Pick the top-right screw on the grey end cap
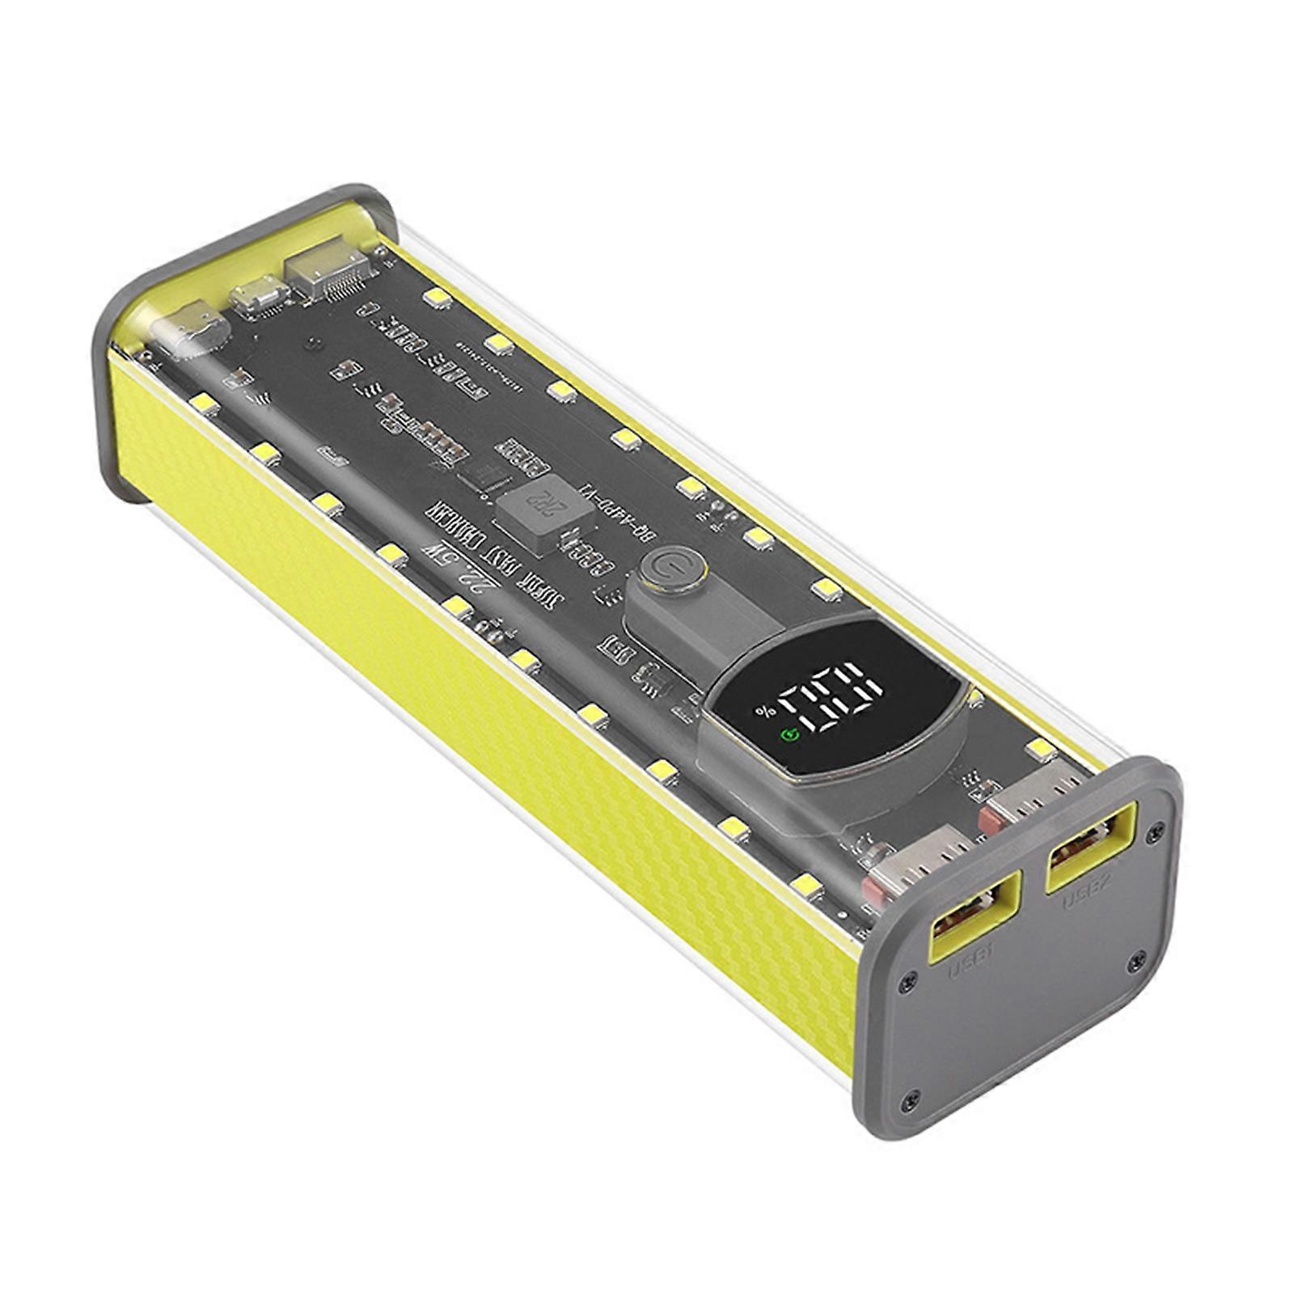[1159, 827]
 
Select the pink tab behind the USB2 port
[988, 821]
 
